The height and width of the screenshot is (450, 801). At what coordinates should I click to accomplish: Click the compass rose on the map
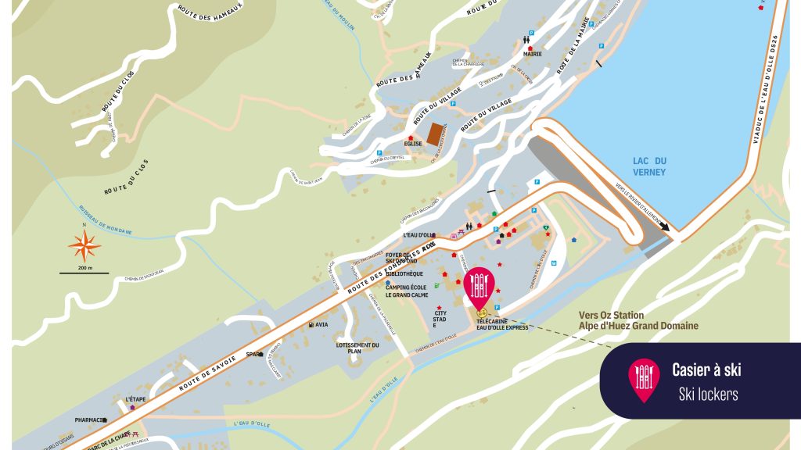point(84,247)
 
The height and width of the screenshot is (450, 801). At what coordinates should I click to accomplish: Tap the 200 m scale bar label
point(84,269)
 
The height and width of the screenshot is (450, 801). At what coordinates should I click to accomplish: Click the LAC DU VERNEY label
point(649,166)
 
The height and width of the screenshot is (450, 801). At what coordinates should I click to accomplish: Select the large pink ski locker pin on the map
point(479,286)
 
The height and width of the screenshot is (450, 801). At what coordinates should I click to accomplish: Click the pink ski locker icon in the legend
point(644,379)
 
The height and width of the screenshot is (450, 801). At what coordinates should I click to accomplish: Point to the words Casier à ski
point(706,370)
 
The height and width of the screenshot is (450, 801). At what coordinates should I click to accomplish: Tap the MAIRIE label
point(533,55)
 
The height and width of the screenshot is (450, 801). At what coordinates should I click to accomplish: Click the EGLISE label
point(413,144)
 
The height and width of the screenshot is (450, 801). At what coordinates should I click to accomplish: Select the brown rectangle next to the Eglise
point(434,134)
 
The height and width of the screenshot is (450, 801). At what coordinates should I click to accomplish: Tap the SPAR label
point(254,354)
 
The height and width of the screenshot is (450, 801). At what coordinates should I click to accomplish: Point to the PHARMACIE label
point(89,420)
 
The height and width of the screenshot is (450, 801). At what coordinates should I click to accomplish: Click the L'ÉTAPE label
point(136,399)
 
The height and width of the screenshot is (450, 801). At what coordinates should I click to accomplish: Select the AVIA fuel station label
point(321,324)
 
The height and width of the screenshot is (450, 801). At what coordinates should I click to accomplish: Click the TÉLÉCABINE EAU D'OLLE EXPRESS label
point(502,324)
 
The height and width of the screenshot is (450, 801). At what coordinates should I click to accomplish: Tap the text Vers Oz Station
point(612,316)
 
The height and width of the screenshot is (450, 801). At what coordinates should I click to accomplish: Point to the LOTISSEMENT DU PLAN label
point(357,348)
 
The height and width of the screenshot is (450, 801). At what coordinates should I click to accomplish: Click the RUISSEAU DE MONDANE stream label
point(105,221)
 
